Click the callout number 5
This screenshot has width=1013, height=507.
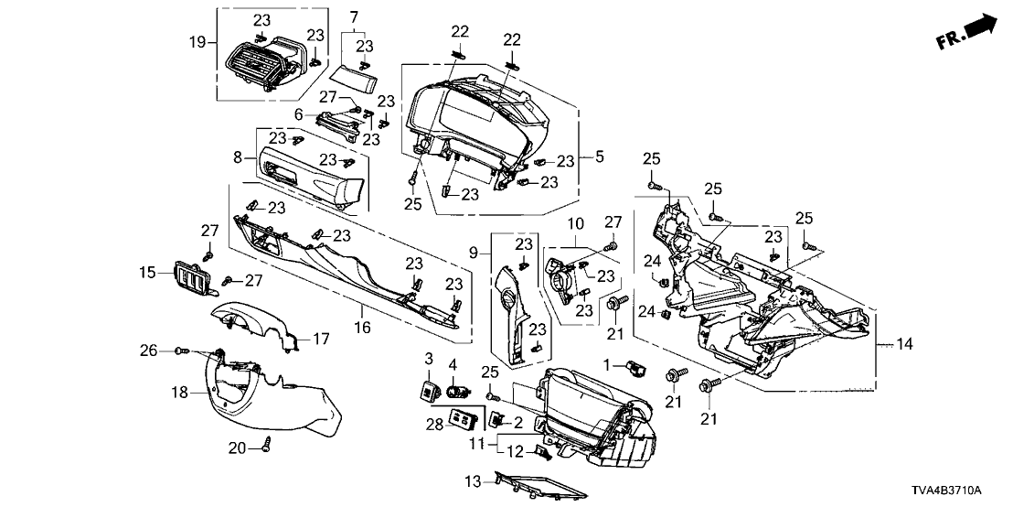tap(600, 157)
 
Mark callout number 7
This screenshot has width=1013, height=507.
tap(355, 16)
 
